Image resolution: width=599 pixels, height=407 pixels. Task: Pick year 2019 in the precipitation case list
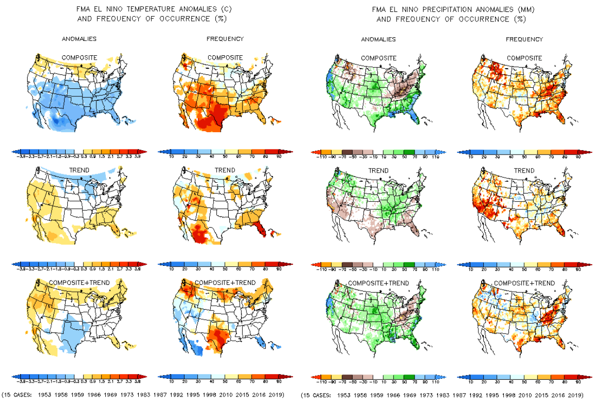(575, 395)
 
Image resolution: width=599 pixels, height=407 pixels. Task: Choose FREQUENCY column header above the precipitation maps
(524, 39)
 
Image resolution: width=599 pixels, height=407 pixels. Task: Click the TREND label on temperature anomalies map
(79, 170)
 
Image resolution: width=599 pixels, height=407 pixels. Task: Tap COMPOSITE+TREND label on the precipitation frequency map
(524, 283)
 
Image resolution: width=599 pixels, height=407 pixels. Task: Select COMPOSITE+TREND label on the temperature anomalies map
(79, 282)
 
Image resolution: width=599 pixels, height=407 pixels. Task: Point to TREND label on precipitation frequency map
(524, 170)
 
